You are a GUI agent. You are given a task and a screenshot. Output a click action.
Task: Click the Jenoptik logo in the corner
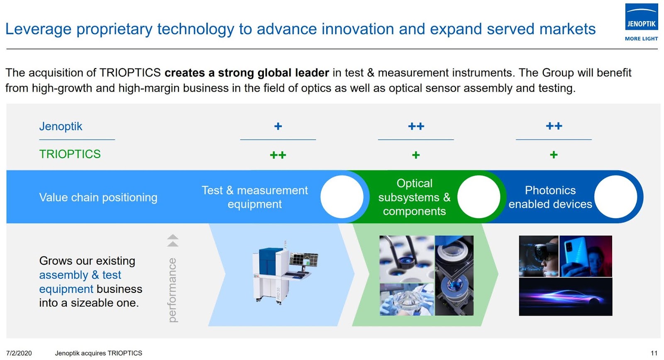641,17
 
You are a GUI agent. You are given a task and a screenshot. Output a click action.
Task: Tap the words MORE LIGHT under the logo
641,39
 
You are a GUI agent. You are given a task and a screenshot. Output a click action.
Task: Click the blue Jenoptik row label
61,126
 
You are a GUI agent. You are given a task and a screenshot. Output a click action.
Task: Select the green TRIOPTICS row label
70,154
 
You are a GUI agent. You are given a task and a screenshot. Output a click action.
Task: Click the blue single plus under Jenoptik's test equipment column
278,126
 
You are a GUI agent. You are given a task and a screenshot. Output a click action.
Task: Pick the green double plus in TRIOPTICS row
278,155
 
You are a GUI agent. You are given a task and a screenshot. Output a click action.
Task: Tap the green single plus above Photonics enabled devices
554,155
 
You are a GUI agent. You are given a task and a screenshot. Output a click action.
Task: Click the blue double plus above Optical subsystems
416,126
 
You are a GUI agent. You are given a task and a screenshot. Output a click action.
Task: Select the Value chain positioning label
98,197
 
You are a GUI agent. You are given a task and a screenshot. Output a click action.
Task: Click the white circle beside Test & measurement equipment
342,197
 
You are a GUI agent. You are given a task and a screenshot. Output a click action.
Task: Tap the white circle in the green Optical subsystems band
478,197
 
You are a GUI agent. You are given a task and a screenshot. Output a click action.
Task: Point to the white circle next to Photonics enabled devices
615,197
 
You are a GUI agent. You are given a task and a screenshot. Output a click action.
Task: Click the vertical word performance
172,290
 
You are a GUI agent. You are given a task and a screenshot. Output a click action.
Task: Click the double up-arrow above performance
173,241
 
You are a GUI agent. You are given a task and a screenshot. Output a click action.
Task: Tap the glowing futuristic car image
565,297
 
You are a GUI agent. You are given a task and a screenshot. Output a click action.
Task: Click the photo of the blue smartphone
585,256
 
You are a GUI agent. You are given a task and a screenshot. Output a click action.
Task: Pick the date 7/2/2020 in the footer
19,353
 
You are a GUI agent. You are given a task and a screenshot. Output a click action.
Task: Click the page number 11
654,353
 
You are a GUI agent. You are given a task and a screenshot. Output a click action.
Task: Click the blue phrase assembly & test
80,275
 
